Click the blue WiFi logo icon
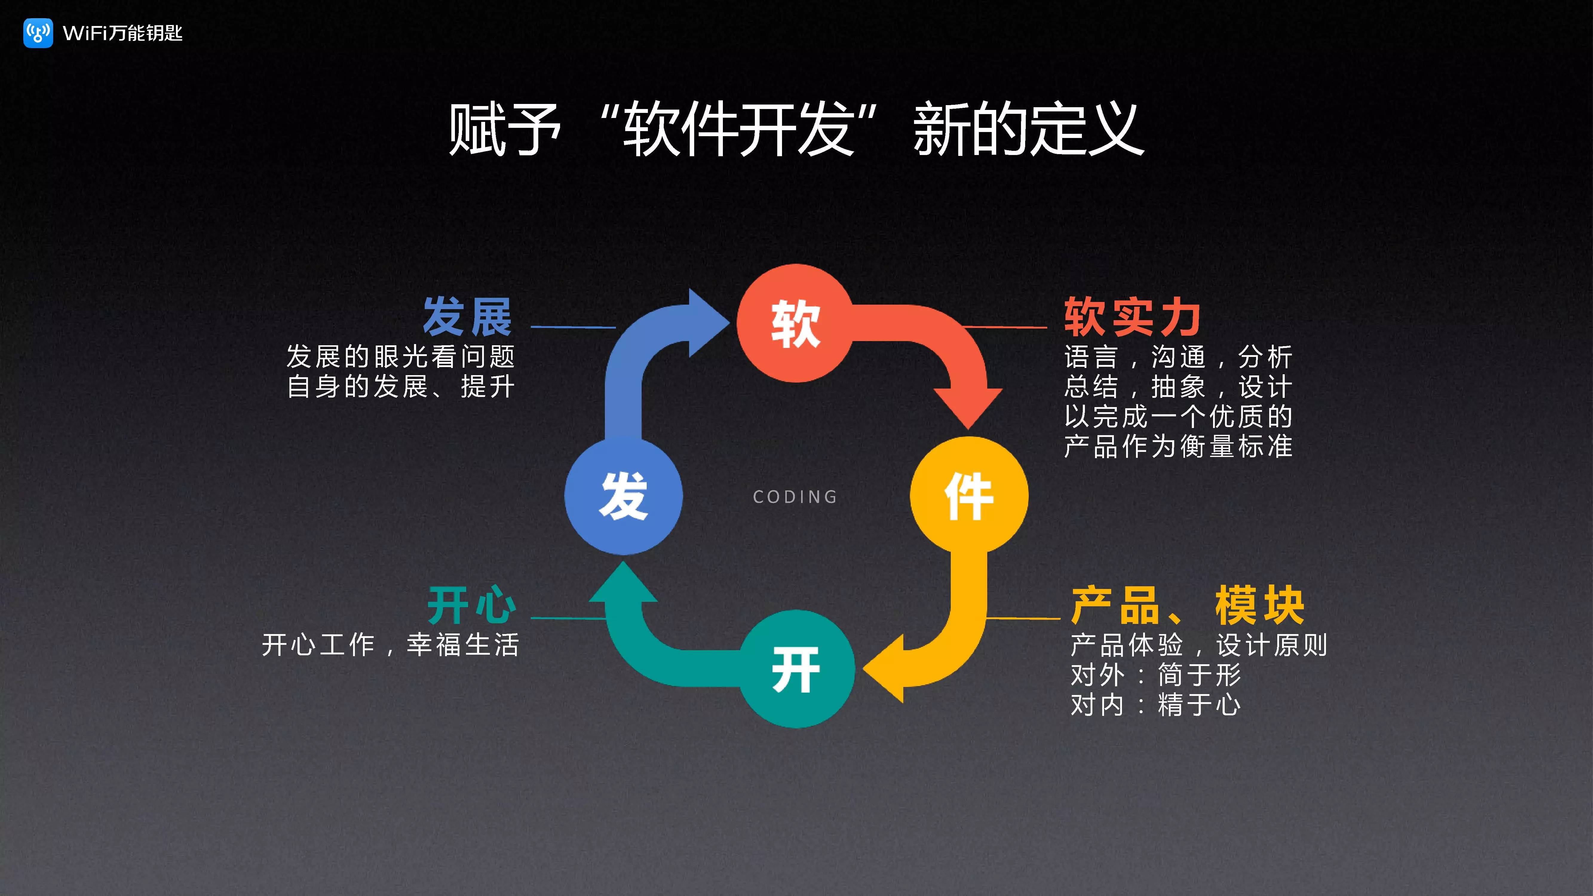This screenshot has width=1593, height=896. (x=38, y=33)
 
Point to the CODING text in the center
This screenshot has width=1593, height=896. (x=795, y=497)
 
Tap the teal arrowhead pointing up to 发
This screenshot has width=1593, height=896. (x=623, y=584)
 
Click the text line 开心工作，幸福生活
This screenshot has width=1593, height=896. (x=390, y=644)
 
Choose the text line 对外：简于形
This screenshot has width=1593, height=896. (x=1155, y=675)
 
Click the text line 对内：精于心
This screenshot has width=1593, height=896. (x=1155, y=704)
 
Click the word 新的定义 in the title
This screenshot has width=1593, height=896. (x=1028, y=130)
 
